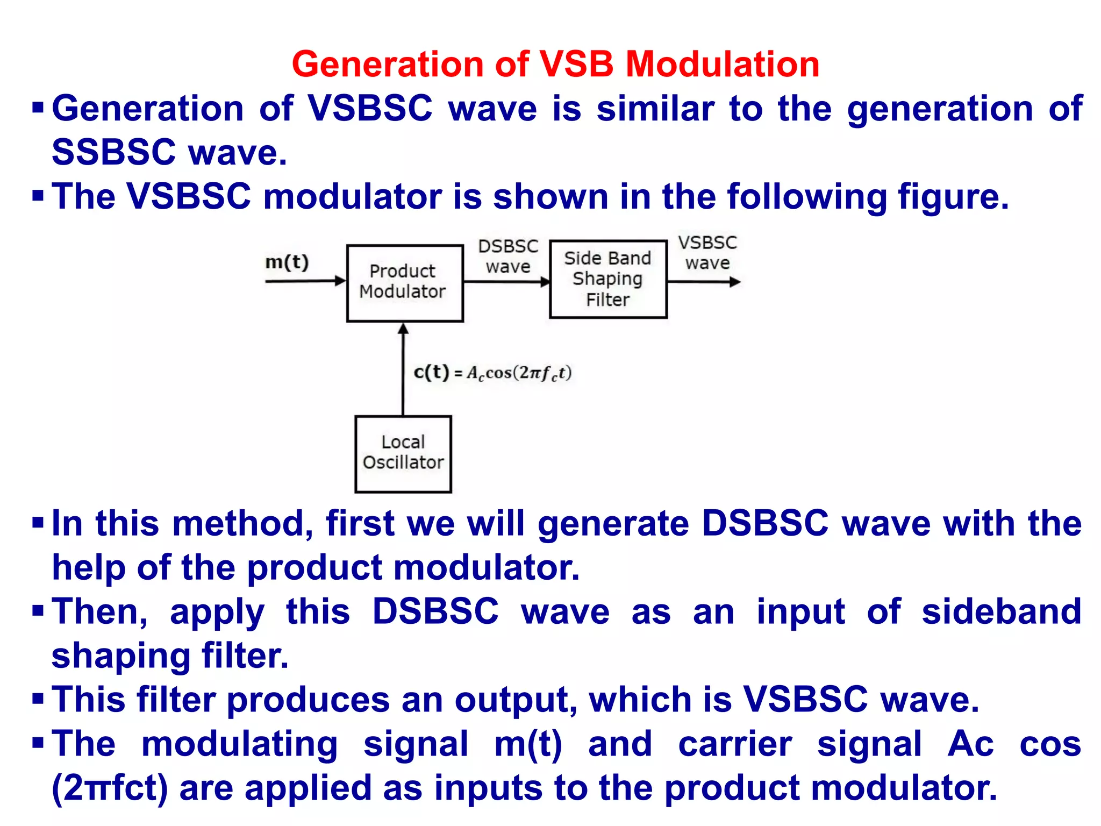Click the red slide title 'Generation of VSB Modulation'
tap(555, 65)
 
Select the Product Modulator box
tap(405, 283)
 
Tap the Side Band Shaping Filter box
tap(608, 279)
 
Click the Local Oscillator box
tap(403, 454)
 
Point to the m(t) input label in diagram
tap(287, 262)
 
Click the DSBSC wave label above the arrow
tap(508, 257)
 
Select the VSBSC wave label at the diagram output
tap(707, 253)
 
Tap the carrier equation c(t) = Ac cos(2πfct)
tap(492, 373)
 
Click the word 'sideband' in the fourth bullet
tap(1001, 612)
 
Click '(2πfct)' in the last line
tap(110, 788)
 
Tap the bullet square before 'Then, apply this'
tap(38, 611)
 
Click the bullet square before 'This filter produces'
tap(38, 699)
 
